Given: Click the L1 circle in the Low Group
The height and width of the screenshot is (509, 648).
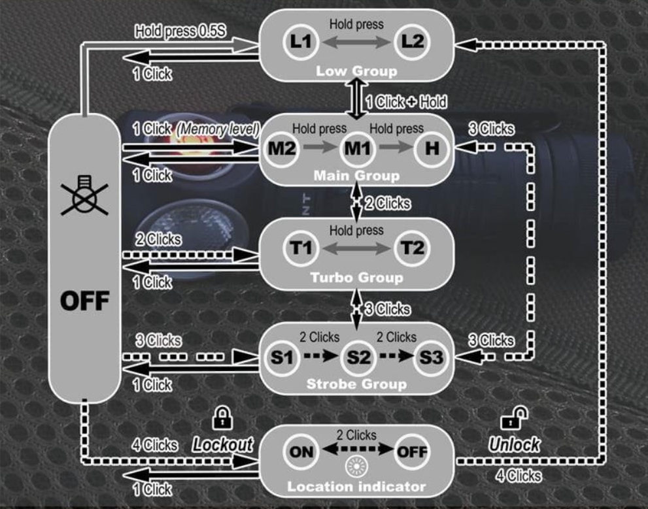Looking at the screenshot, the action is pos(300,42).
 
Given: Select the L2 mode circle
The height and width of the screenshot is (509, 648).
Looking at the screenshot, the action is pos(412,42).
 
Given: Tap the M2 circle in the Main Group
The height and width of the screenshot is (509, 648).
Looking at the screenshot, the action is pos(281,148).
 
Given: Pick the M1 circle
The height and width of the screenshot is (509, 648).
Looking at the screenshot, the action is pos(358,148).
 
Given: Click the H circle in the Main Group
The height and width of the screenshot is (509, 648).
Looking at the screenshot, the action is pos(432,148).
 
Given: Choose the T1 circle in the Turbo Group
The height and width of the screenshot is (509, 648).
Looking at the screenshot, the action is pos(300,248).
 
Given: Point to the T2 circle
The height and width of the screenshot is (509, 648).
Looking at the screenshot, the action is pos(412,248).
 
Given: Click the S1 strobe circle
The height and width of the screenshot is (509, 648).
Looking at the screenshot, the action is pos(281,357).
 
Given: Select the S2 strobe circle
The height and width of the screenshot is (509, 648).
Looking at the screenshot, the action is pos(358,357).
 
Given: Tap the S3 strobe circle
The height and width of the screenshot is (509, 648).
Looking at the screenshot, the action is pos(432,357).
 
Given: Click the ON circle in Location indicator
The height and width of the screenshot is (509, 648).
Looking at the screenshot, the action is pos(301,452).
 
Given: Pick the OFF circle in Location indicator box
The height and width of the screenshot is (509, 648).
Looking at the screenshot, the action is pos(412,452).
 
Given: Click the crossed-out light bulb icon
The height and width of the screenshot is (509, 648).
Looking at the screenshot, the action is pos(85,195).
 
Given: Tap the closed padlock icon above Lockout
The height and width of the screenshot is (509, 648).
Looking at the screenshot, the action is pos(222,418).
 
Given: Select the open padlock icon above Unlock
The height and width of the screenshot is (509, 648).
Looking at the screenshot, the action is pos(514,418).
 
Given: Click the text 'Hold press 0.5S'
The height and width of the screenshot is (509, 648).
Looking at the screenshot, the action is pos(180,31).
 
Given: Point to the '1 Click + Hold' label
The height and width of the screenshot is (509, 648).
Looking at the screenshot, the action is pos(406,102).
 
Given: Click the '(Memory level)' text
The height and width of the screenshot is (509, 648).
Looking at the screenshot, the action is pos(218,129).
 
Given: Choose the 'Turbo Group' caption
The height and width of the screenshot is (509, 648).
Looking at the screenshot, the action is pos(356,278).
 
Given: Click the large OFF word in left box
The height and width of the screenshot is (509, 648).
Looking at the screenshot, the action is pos(85,301).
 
